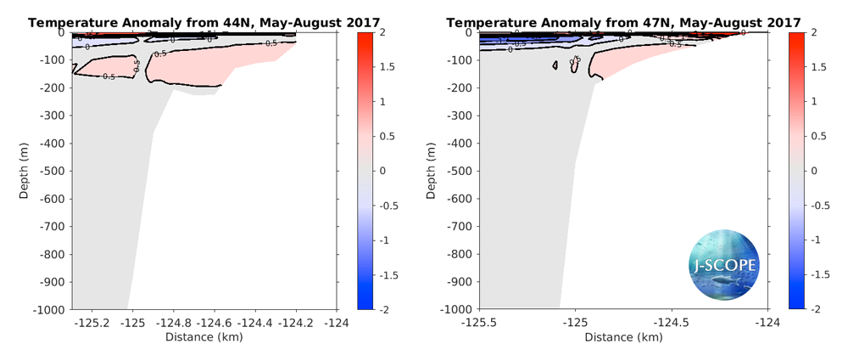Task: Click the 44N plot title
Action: tap(204, 21)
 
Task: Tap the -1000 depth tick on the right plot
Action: tap(459, 309)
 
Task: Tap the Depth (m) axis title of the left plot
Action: tap(25, 172)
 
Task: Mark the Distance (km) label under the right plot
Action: tap(623, 337)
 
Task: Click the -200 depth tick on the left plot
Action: tap(54, 87)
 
